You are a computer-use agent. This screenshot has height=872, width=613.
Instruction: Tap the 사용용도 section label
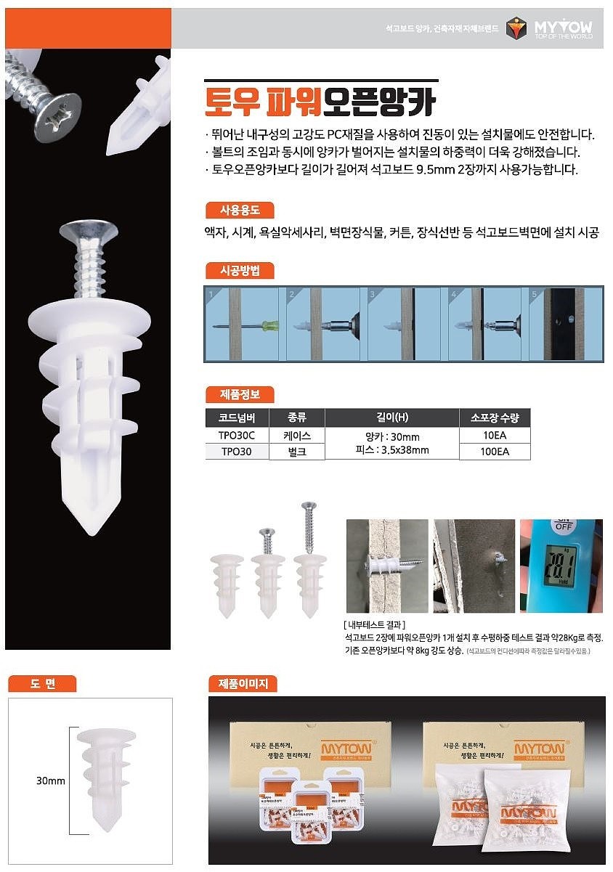coord(239,211)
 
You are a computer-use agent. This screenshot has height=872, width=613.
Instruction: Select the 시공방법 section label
coord(239,271)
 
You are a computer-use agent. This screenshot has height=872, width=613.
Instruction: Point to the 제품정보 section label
coord(239,394)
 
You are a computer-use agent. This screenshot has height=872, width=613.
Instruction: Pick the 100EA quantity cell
coord(495,451)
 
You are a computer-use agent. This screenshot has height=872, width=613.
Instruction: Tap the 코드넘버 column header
coord(236,417)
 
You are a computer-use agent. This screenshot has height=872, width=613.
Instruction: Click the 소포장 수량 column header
coord(495,417)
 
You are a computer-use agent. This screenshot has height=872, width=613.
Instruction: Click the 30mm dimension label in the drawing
coord(51,781)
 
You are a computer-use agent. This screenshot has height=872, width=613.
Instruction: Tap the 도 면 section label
coord(42,683)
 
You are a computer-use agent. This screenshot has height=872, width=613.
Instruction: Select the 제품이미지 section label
coord(243,683)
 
